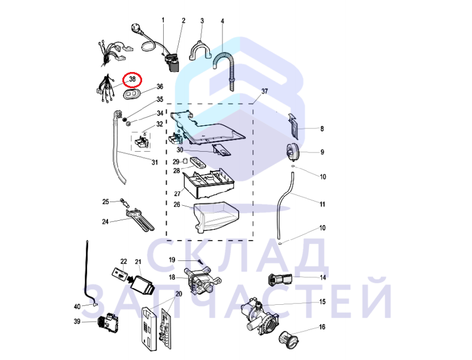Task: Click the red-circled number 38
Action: (133, 80)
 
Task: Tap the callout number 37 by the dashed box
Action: (264, 91)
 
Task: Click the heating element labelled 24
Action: (140, 220)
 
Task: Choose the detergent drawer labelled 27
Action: (209, 184)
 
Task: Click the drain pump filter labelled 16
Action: (289, 340)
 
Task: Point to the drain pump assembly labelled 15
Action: (260, 315)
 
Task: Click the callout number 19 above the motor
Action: (172, 260)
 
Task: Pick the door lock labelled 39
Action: (108, 322)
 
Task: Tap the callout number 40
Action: (77, 307)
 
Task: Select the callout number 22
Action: (124, 262)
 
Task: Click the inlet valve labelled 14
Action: (280, 280)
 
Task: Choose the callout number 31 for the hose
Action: (154, 163)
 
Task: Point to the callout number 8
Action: (322, 129)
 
